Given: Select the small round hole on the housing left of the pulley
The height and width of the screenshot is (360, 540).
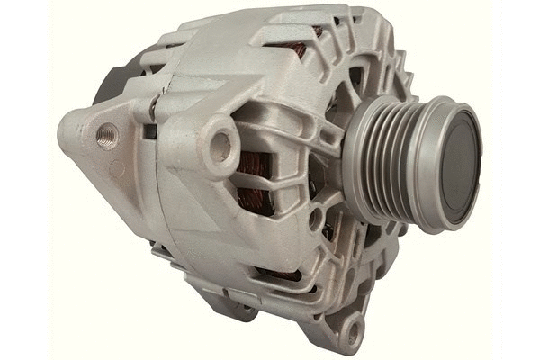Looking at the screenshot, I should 317,216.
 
